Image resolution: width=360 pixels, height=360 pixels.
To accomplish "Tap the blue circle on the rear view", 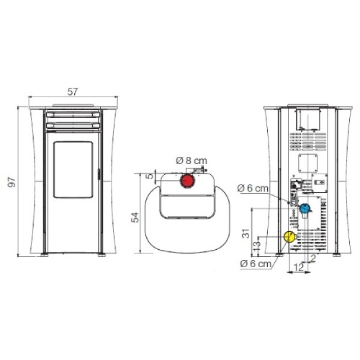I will pyautogui.click(x=305, y=210).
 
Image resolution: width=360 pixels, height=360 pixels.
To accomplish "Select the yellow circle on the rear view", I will pyautogui.click(x=289, y=236).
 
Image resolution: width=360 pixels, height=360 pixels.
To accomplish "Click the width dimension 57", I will pyautogui.click(x=73, y=91).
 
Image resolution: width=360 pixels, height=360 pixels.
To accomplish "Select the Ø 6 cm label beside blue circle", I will pyautogui.click(x=253, y=189).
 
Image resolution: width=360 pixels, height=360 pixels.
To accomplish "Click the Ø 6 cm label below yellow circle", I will pyautogui.click(x=256, y=264).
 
